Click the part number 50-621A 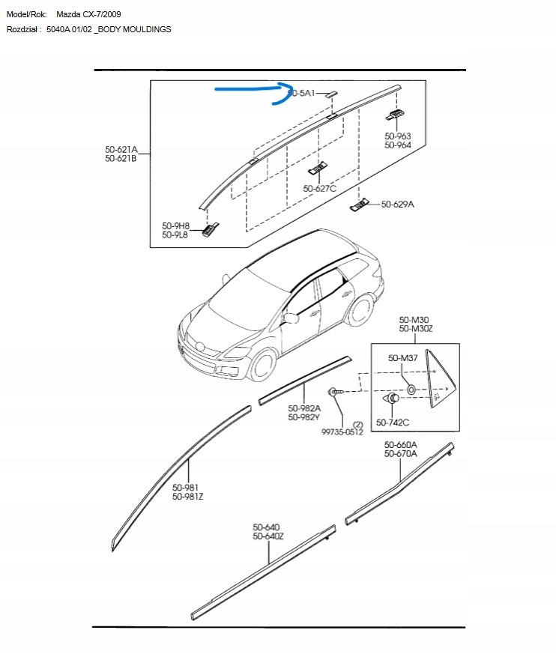tap(121, 149)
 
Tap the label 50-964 tap(397, 145)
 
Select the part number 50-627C tap(319, 189)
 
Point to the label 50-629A tap(397, 205)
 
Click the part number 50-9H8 tap(175, 225)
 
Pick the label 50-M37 tap(402, 358)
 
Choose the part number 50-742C tap(393, 423)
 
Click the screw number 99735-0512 tap(342, 432)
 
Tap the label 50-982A tap(304, 408)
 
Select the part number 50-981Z tap(187, 497)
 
